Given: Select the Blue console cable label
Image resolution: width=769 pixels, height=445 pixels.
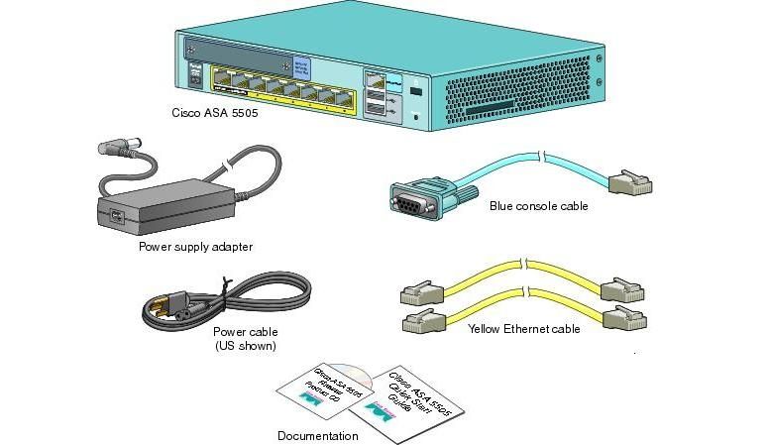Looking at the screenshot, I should pyautogui.click(x=538, y=206).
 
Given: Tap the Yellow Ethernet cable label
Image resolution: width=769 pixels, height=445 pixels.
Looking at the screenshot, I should pyautogui.click(x=523, y=328).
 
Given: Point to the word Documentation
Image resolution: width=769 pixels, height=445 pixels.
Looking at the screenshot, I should pyautogui.click(x=317, y=435).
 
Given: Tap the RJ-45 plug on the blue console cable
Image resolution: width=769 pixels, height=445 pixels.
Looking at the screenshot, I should pyautogui.click(x=630, y=181).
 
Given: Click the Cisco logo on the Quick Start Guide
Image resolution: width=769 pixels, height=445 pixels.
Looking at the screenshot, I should pyautogui.click(x=377, y=407).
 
